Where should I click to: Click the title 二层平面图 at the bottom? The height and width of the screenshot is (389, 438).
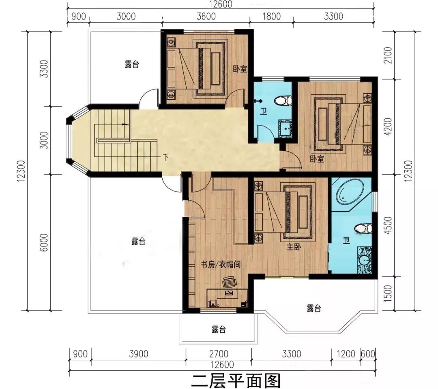pyautogui.click(x=236, y=380)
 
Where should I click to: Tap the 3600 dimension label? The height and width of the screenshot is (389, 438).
pyautogui.click(x=206, y=17)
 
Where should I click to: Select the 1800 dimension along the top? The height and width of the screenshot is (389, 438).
pyautogui.click(x=271, y=17)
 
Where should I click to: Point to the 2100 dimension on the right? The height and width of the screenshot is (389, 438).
pyautogui.click(x=388, y=55)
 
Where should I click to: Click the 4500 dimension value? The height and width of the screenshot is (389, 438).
pyautogui.click(x=388, y=225)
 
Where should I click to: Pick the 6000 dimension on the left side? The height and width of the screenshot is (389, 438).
pyautogui.click(x=44, y=242)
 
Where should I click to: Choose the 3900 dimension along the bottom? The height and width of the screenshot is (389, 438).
pyautogui.click(x=139, y=354)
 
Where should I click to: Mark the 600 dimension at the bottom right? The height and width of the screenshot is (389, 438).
pyautogui.click(x=368, y=354)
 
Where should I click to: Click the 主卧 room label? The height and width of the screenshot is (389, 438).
pyautogui.click(x=294, y=247)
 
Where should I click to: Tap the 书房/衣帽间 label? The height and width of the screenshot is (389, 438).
pyautogui.click(x=221, y=265)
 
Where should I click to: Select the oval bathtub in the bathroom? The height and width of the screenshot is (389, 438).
pyautogui.click(x=350, y=193)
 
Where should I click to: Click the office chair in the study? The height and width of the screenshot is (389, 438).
pyautogui.click(x=229, y=282)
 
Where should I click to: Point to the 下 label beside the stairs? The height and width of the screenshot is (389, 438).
pyautogui.click(x=166, y=158)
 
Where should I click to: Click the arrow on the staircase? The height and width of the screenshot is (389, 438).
pyautogui.click(x=125, y=124)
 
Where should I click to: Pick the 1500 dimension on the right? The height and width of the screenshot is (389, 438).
pyautogui.click(x=388, y=293)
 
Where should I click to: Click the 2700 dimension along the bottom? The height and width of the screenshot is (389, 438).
pyautogui.click(x=219, y=354)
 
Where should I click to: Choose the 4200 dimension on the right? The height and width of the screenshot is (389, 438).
pyautogui.click(x=388, y=127)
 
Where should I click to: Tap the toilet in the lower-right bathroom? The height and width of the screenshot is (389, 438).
pyautogui.click(x=363, y=228)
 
